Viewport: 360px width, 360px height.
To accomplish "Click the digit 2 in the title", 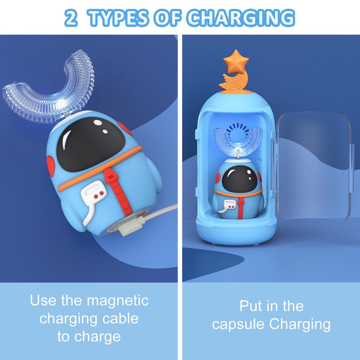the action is click(x=71, y=18).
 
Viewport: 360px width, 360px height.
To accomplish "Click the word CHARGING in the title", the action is click(x=240, y=18).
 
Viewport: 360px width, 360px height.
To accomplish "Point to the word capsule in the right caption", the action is click(x=238, y=325).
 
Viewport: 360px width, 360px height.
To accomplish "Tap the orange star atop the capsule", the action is click(x=236, y=61).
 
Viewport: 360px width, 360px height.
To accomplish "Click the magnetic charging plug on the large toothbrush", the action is click(x=132, y=225).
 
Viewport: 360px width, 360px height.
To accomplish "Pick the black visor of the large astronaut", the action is click(x=91, y=144).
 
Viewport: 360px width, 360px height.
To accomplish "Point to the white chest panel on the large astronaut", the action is click(x=94, y=193).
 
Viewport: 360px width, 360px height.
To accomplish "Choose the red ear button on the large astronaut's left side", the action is click(x=50, y=166).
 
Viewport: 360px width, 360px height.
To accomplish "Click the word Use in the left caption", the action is click(x=43, y=300).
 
